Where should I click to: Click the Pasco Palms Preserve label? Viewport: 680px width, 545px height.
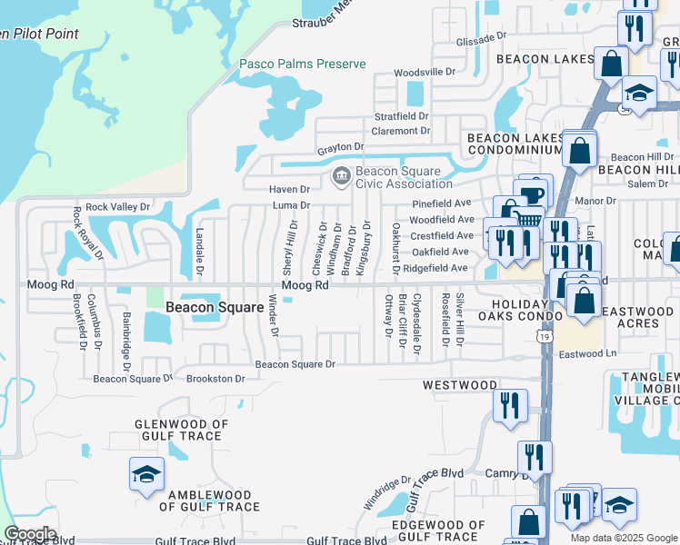(x=302, y=64)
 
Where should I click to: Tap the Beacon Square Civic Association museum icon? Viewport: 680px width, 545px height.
(x=341, y=175)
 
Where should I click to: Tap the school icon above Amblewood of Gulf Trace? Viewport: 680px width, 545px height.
(x=145, y=474)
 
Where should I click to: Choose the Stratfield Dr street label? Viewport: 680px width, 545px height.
(x=401, y=117)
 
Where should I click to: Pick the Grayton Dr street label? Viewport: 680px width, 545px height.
(x=340, y=147)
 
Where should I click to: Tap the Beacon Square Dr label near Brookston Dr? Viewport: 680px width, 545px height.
(x=125, y=379)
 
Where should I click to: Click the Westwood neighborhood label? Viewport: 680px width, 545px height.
(x=458, y=385)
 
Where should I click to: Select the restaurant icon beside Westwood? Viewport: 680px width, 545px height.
(x=510, y=404)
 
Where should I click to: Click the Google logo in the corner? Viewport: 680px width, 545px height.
(x=30, y=534)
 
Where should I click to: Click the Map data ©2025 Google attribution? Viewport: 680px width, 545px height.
(x=623, y=538)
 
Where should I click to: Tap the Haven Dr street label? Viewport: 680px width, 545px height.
(x=289, y=190)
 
